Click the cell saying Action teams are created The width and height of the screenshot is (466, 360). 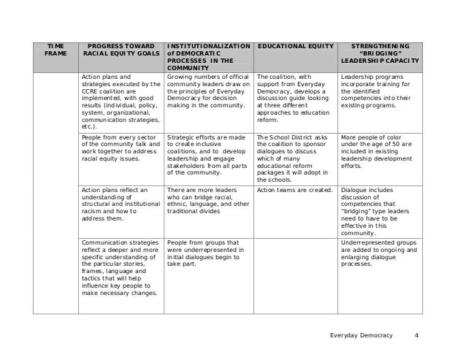point(295,191)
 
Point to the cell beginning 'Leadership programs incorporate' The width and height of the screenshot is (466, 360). point(378,91)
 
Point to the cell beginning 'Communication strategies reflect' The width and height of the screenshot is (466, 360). point(121,267)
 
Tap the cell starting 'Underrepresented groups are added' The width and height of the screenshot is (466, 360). point(378,253)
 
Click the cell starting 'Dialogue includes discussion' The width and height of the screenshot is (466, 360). point(378,208)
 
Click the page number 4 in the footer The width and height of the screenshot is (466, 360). point(416,335)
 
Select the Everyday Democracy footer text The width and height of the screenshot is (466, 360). point(360,335)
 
